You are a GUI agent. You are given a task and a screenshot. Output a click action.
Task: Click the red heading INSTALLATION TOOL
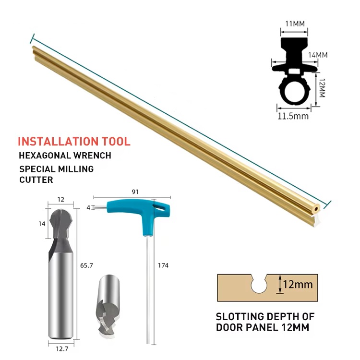click(x=74, y=142)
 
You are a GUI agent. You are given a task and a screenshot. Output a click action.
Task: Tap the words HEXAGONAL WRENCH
click(x=65, y=156)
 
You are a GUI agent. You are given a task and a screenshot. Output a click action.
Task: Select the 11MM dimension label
click(x=295, y=24)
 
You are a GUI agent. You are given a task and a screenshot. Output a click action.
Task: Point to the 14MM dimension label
click(x=318, y=55)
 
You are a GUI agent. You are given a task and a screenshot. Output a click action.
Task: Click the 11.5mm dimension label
click(x=293, y=116)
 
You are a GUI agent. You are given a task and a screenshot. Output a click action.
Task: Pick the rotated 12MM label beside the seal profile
click(x=322, y=88)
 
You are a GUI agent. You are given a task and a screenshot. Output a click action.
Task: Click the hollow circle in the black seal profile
click(x=294, y=92)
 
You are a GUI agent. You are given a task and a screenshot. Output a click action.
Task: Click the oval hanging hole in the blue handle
click(x=159, y=208)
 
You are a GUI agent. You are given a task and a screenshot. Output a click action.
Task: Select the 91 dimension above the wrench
click(x=135, y=192)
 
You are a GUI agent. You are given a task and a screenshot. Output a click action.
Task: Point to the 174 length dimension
click(x=163, y=265)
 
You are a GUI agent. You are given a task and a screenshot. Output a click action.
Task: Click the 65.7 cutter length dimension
click(x=86, y=265)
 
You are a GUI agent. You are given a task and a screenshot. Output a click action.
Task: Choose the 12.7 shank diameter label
click(x=62, y=349)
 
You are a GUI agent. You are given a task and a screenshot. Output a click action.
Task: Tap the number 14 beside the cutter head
click(x=42, y=224)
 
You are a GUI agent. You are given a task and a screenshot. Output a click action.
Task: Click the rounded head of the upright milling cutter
click(x=61, y=223)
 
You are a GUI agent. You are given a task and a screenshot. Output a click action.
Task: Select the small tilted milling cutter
click(x=108, y=305)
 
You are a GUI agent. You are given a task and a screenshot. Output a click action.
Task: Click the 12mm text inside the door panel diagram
click(x=298, y=285)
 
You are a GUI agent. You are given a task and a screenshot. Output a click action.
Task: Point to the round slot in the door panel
click(x=259, y=285)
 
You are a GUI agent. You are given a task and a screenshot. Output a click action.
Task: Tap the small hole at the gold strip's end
click(x=317, y=209)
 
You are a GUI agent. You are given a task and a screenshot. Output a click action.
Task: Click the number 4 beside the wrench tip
click(x=88, y=208)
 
